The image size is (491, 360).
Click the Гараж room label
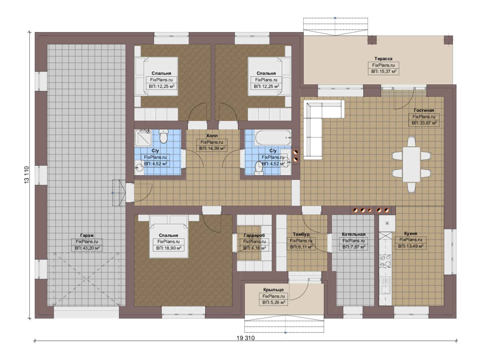coord(87,235)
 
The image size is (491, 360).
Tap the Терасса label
coord(383,59)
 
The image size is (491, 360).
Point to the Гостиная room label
coord(424,110)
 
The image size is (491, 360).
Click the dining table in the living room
coord(411,165)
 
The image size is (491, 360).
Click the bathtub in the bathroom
coord(273,138)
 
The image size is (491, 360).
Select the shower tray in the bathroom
coord(143,138)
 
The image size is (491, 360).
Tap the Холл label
coord(212,136)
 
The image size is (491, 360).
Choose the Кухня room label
coord(411,233)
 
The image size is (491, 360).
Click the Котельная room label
coord(353,234)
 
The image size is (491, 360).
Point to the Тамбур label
coord(301,234)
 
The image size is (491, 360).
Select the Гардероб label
coord(254,235)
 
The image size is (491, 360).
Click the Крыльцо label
coord(273,290)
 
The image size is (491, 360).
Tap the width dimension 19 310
coord(245,338)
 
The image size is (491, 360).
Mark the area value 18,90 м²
coord(169,248)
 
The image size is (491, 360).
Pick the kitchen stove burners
coord(385,261)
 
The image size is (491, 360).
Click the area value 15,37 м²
coord(384,71)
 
